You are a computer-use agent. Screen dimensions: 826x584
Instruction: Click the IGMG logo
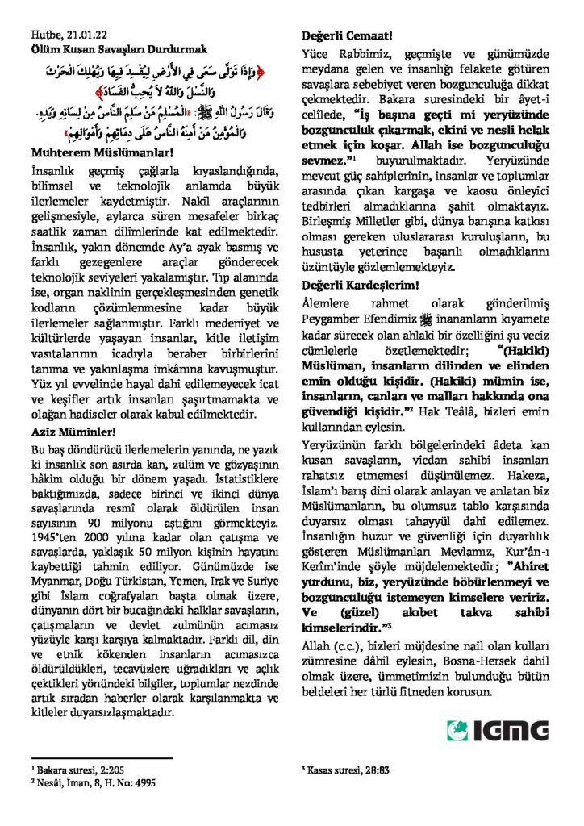tap(498, 730)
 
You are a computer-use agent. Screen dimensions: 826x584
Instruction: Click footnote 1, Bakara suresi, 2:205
tap(73, 770)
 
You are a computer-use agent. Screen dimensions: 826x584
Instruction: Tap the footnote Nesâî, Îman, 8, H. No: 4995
tap(95, 782)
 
